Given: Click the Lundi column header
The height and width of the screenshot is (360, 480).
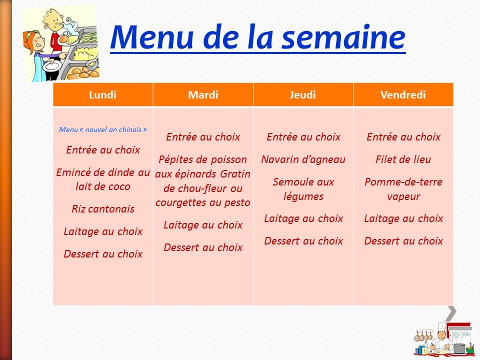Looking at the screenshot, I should pyautogui.click(x=102, y=94).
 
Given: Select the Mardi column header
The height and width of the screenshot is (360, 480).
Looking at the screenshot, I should pyautogui.click(x=203, y=94).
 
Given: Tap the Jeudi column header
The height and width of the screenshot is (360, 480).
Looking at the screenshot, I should pyautogui.click(x=303, y=94).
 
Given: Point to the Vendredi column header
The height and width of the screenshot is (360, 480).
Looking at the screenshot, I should pyautogui.click(x=403, y=94).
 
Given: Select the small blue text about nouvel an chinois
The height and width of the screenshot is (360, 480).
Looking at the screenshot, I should pyautogui.click(x=103, y=129).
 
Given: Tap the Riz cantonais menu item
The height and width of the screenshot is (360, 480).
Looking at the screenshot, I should pyautogui.click(x=103, y=209).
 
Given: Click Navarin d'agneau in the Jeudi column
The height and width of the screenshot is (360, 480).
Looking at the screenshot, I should pyautogui.click(x=303, y=159).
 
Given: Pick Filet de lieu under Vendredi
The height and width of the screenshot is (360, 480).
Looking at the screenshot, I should pyautogui.click(x=403, y=159).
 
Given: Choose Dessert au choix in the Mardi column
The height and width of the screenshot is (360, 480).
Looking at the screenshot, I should pyautogui.click(x=203, y=247).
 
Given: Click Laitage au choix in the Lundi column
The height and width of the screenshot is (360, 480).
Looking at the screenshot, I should pyautogui.click(x=103, y=231).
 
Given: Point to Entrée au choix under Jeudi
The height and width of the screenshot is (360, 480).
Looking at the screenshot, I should pyautogui.click(x=303, y=137).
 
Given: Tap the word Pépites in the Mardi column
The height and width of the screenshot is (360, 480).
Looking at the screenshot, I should pyautogui.click(x=175, y=159).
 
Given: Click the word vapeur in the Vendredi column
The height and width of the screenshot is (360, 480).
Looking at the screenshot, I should pyautogui.click(x=403, y=196).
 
